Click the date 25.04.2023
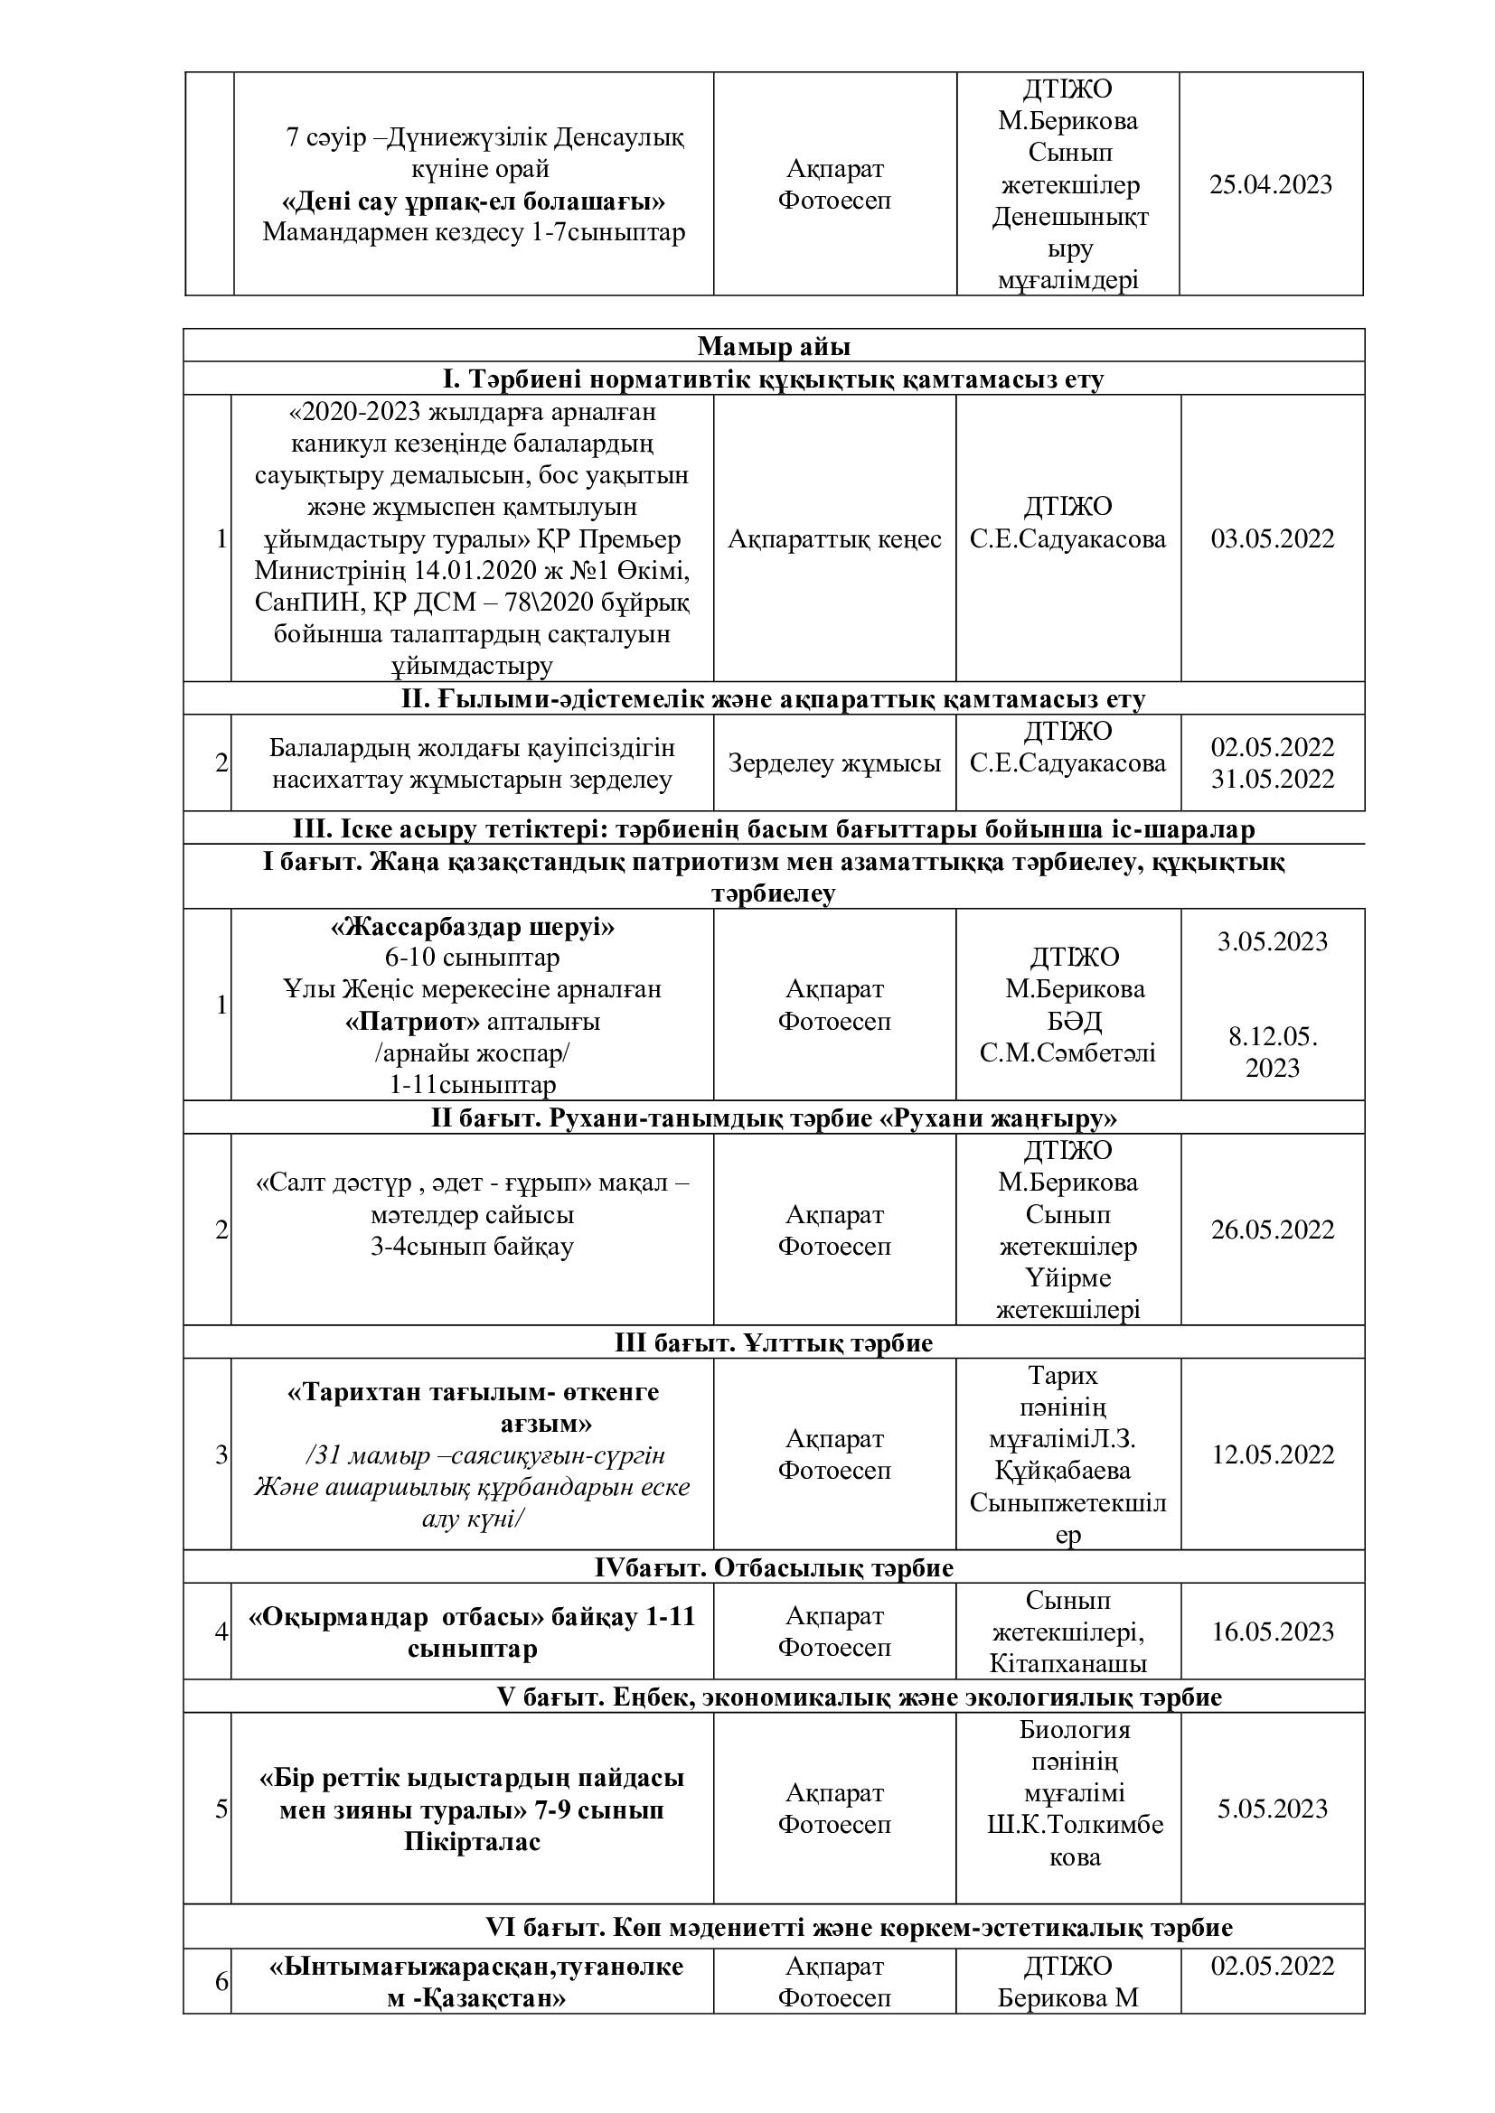[1270, 185]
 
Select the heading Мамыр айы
[774, 346]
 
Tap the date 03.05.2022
[1273, 538]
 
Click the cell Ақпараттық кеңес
[834, 538]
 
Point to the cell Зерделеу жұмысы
[834, 763]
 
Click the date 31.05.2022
[1273, 779]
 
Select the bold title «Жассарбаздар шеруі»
[472, 926]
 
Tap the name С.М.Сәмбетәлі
[1067, 1052]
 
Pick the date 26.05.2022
[1273, 1229]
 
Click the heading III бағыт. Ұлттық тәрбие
[774, 1342]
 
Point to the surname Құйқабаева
[1067, 1470]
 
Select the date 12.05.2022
[1273, 1454]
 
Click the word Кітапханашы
[1067, 1663]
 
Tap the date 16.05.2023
[1273, 1631]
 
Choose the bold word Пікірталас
[472, 1841]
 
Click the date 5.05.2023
[1273, 1809]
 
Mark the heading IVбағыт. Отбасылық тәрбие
[774, 1566]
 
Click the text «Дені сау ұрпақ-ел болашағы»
[473, 201]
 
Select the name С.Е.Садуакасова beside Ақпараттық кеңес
[1067, 538]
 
